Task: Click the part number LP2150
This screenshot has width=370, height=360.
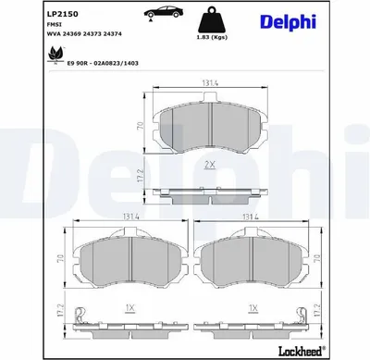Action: click(62, 14)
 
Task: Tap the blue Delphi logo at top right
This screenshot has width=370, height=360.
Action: click(289, 22)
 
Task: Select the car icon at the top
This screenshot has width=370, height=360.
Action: click(163, 12)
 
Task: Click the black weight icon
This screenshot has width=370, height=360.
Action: click(212, 19)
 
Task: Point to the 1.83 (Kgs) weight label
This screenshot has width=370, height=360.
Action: click(212, 37)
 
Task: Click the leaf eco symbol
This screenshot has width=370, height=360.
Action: click(55, 56)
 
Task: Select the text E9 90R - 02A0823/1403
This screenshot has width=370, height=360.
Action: click(103, 63)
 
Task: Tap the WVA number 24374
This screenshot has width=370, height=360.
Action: click(112, 34)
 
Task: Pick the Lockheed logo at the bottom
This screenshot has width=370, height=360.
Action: click(302, 351)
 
